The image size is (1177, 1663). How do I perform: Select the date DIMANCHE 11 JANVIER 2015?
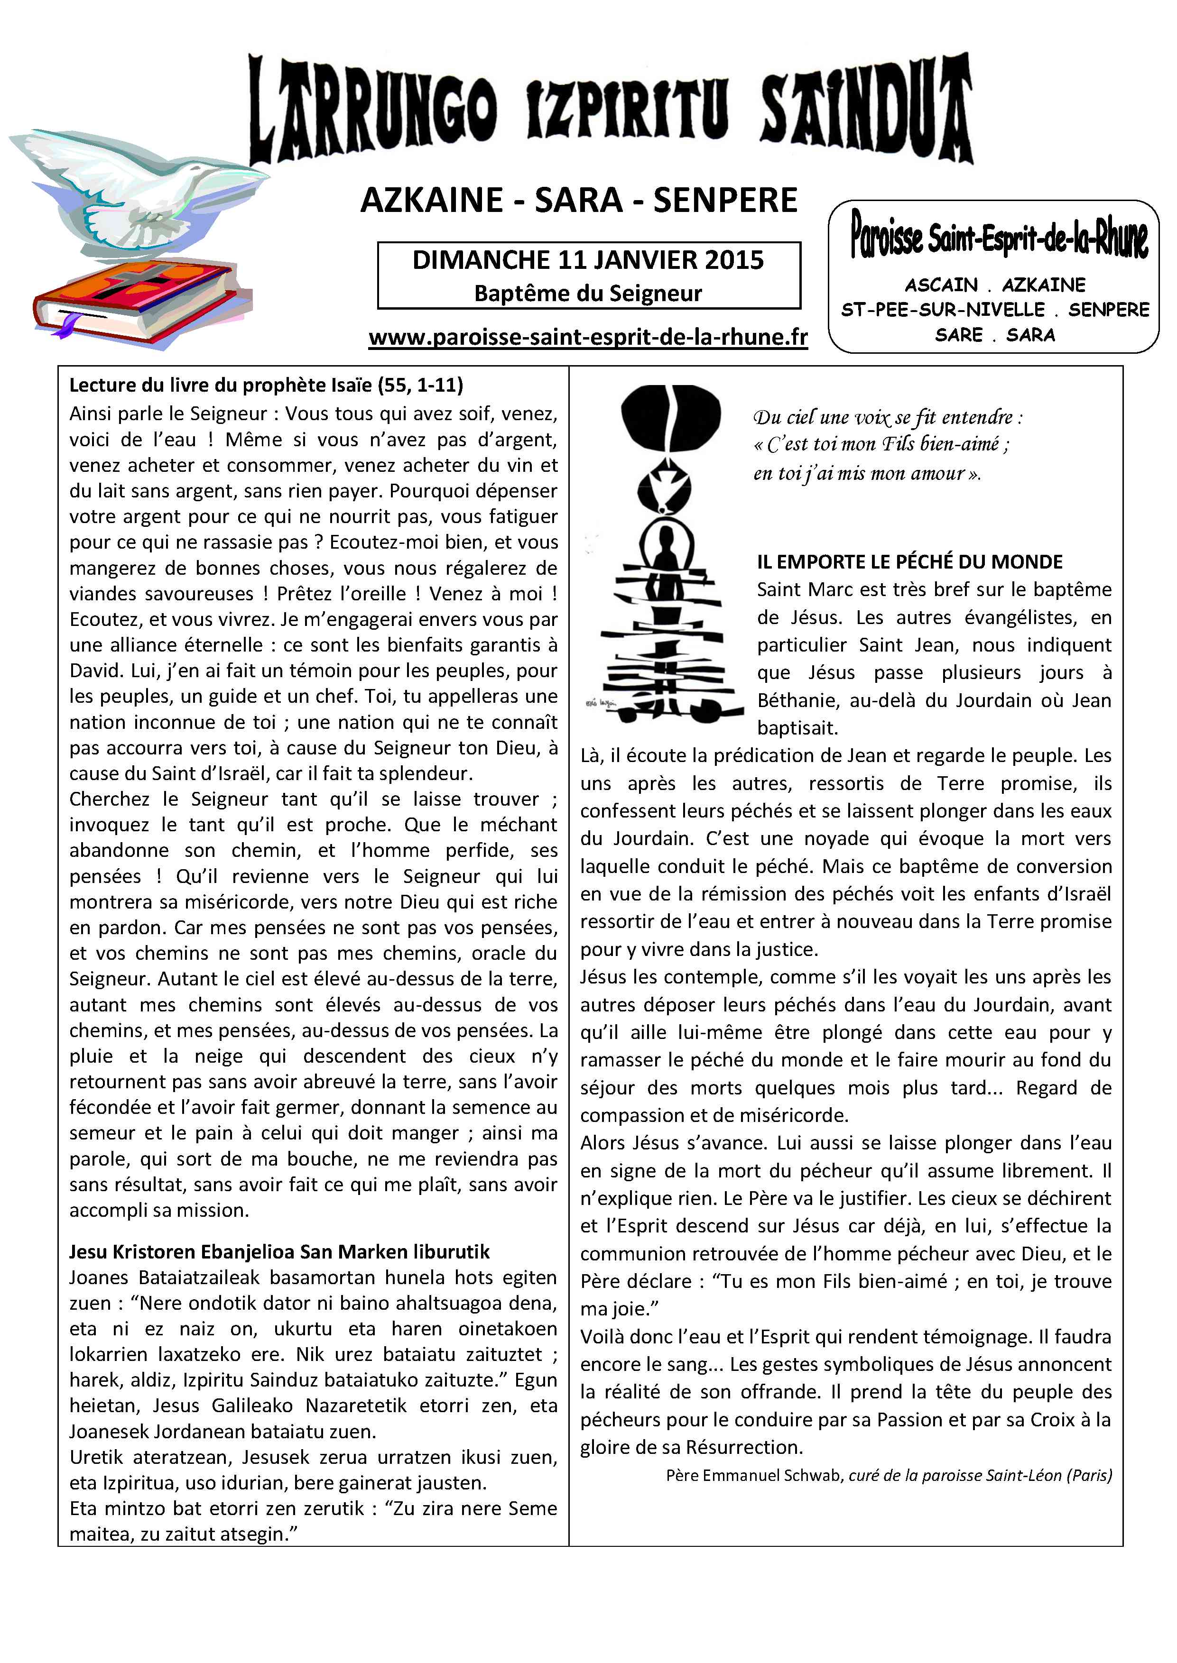588,260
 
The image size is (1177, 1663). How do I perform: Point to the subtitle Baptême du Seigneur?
588,294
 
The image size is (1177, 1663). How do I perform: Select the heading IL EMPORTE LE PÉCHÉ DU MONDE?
909,562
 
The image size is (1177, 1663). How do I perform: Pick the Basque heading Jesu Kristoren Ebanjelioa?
279,1252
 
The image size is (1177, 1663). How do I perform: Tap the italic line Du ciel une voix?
888,417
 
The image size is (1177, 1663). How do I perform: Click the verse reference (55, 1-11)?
420,386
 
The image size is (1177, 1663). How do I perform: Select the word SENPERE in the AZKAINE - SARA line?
725,201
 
